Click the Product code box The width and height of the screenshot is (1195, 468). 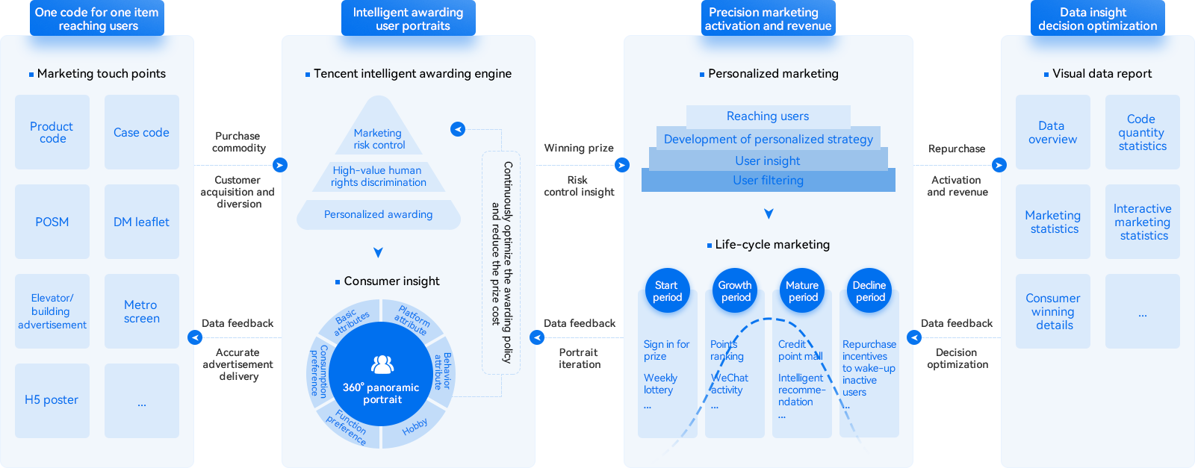(x=52, y=132)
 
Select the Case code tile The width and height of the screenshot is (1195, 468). (x=142, y=132)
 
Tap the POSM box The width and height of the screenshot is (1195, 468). (x=52, y=222)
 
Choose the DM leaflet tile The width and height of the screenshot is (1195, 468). (x=142, y=222)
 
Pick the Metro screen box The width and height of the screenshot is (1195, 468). (x=142, y=311)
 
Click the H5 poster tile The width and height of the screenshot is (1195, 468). (x=52, y=400)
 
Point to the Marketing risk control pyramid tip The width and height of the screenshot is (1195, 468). (x=379, y=134)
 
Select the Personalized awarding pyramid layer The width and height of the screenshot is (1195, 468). (x=379, y=215)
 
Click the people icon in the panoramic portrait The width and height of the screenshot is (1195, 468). (x=382, y=364)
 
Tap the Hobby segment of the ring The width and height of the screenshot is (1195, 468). (x=415, y=426)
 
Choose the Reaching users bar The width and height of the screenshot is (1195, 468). (x=768, y=116)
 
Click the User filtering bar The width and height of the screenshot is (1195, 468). (x=768, y=181)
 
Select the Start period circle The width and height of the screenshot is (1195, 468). (x=667, y=291)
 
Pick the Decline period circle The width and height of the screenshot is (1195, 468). (x=869, y=291)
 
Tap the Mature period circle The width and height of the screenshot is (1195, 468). (x=802, y=291)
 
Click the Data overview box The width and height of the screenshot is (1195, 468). (x=1052, y=132)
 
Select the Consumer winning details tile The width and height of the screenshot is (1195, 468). (x=1052, y=311)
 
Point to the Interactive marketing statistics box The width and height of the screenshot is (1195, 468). (x=1143, y=222)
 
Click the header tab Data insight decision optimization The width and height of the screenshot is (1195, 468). (x=1097, y=19)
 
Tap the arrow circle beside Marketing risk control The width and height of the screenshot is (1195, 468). (x=458, y=129)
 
